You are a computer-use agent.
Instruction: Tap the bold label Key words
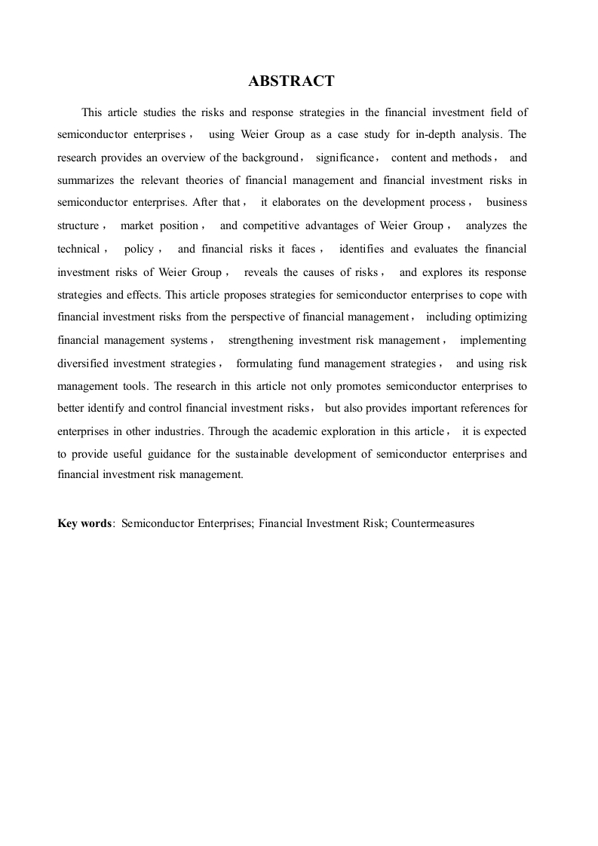[x=84, y=523]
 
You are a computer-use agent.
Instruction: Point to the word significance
[x=345, y=158]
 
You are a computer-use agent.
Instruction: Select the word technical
[x=78, y=249]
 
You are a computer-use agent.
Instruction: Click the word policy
[x=139, y=249]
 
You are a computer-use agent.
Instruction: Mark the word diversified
[x=84, y=363]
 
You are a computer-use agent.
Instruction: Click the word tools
[x=133, y=385]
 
